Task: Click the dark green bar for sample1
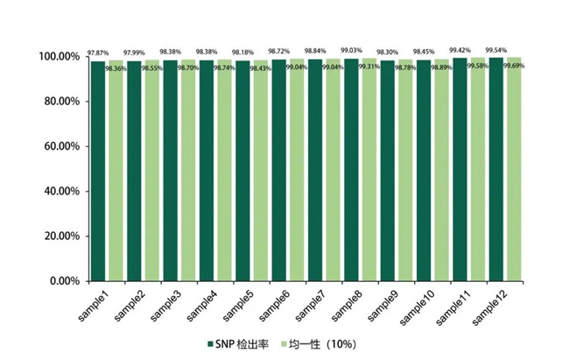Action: coord(97,171)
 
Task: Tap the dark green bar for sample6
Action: coord(278,171)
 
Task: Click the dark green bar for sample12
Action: coord(496,171)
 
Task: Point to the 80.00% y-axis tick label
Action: coord(59,102)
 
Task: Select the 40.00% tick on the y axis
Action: coord(59,191)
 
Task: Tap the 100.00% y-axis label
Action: coord(57,57)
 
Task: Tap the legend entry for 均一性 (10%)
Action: coord(326,342)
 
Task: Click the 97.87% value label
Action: coord(96,53)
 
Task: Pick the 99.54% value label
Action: coord(496,50)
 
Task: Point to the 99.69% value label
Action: coord(514,66)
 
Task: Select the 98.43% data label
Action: coord(260,69)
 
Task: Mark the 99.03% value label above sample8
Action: coord(352,50)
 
